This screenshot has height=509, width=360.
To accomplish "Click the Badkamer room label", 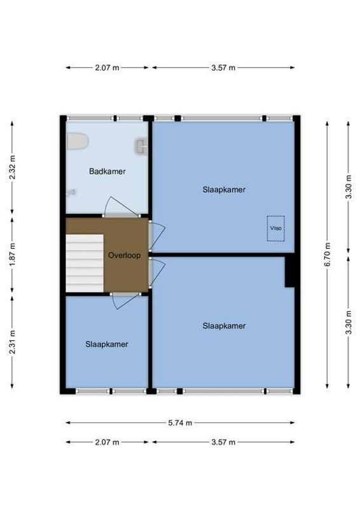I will [107, 171].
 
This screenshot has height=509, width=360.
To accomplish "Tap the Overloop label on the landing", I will [124, 255].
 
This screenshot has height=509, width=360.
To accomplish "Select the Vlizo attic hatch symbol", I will [275, 228].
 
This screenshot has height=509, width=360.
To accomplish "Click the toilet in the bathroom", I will [77, 141].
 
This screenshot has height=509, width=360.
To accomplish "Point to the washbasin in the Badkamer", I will [141, 146].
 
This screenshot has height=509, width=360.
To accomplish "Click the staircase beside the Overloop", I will [85, 261].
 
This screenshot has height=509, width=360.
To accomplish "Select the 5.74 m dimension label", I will [180, 422].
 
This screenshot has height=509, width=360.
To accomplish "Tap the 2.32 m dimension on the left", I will [13, 168].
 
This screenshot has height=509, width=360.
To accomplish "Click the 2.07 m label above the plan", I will [107, 67].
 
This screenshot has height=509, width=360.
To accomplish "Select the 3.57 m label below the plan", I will [223, 442].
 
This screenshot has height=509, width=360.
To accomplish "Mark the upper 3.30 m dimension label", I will [348, 188].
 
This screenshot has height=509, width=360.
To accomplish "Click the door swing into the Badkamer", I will [117, 207].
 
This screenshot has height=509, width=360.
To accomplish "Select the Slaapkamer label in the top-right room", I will [224, 190].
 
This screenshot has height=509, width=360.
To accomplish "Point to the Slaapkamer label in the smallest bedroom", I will [107, 344].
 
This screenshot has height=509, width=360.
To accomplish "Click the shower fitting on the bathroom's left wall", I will [71, 191].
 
